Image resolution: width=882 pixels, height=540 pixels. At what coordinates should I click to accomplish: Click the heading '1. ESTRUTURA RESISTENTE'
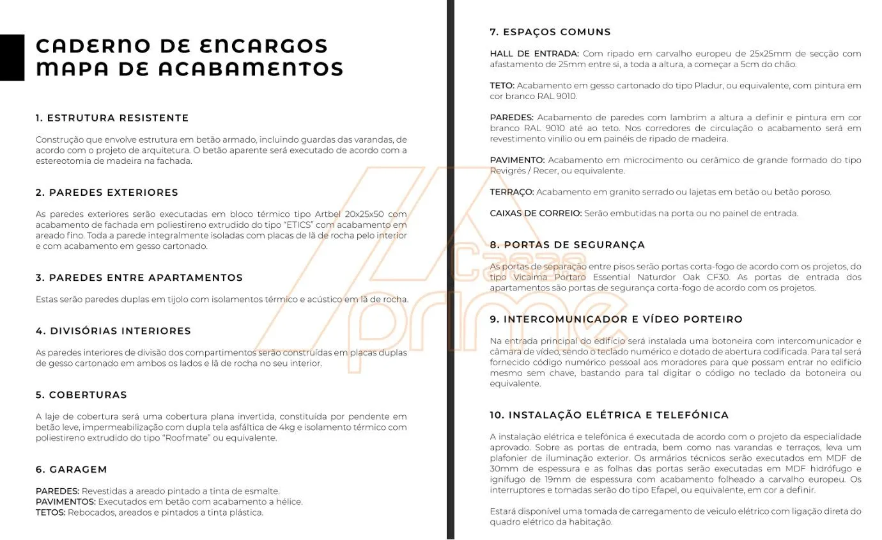(x=112, y=118)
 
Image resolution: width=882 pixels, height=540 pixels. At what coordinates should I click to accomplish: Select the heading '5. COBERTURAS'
(x=81, y=395)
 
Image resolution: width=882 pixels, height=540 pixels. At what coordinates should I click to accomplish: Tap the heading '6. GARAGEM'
(x=71, y=470)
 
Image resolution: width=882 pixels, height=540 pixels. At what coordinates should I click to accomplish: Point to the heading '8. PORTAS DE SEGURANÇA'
(x=568, y=245)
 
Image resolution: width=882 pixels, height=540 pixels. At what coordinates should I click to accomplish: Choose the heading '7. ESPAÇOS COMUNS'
(x=550, y=32)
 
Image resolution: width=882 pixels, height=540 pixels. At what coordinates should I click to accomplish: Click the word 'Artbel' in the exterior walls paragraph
(x=329, y=214)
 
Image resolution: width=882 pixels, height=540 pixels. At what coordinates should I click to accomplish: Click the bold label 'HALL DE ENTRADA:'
(x=534, y=54)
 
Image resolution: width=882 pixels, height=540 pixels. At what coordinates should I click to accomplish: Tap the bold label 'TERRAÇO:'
(x=511, y=192)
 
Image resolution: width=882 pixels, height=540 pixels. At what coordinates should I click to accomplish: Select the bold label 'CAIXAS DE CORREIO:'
(x=536, y=213)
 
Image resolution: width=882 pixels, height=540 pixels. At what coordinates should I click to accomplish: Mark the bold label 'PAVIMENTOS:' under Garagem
(x=65, y=502)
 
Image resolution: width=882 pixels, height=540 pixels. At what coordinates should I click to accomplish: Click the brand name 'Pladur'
(x=708, y=86)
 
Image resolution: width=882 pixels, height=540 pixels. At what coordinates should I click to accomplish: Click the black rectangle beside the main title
(x=12, y=58)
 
